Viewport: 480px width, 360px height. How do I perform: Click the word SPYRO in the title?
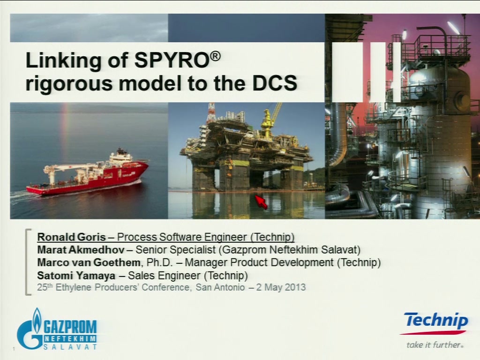pyautogui.click(x=172, y=60)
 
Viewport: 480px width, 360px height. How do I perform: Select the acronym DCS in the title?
pyautogui.click(x=275, y=82)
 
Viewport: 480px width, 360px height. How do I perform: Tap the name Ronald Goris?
pyautogui.click(x=72, y=237)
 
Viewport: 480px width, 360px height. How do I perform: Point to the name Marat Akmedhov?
pyautogui.click(x=81, y=250)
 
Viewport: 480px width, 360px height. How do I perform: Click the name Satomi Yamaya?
pyautogui.click(x=76, y=276)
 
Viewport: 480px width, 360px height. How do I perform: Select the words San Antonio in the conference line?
pyautogui.click(x=220, y=287)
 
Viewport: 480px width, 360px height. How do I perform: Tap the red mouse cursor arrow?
pyautogui.click(x=262, y=202)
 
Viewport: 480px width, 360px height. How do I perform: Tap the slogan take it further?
pyautogui.click(x=435, y=345)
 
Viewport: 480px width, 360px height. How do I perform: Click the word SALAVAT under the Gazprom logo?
pyautogui.click(x=70, y=347)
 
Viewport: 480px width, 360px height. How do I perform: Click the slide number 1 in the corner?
pyautogui.click(x=14, y=349)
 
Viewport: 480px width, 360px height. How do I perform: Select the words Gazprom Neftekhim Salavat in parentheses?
pyautogui.click(x=291, y=250)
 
